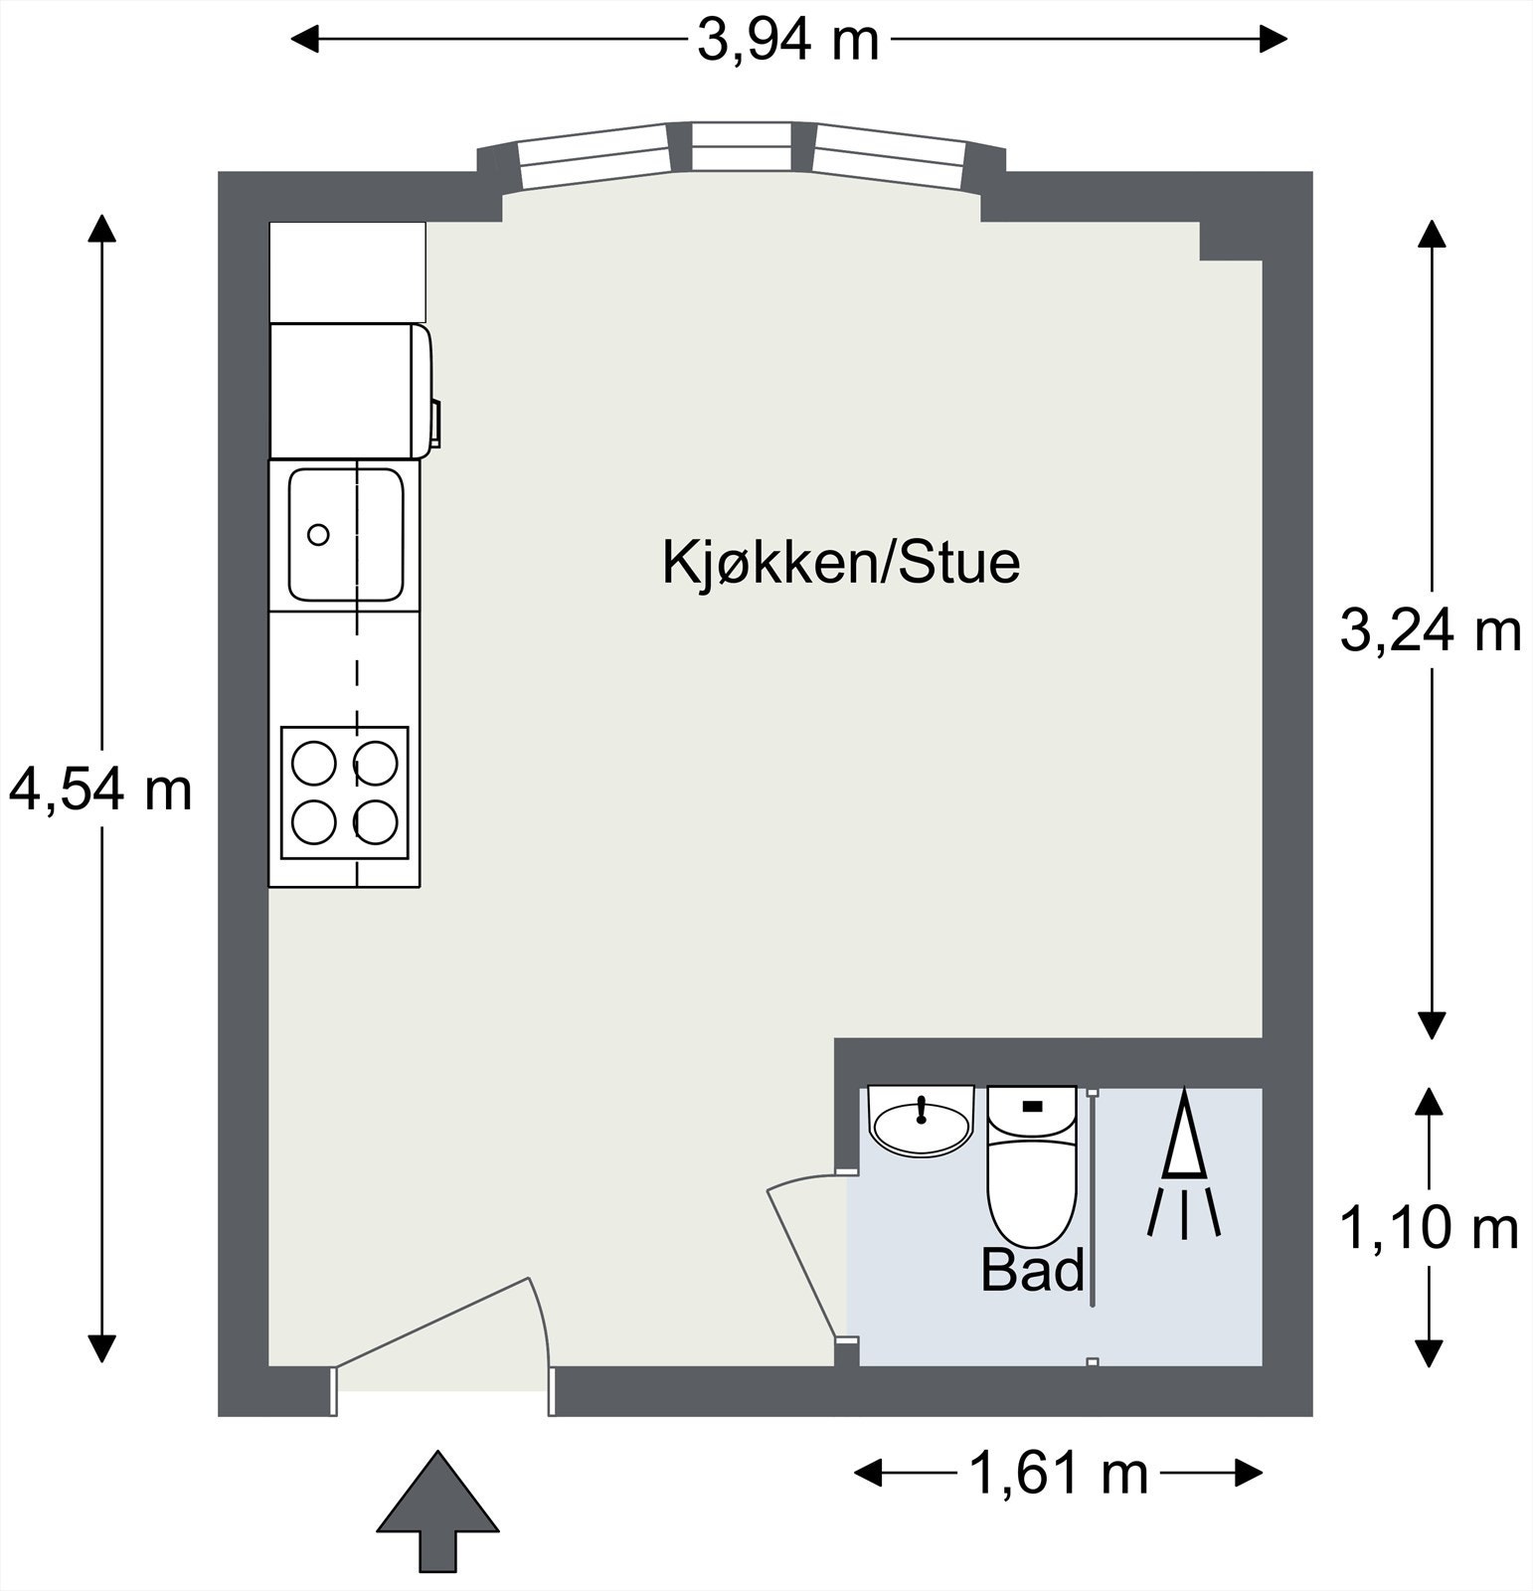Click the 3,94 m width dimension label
click(x=788, y=41)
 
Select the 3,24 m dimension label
click(x=1431, y=630)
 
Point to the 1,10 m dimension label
click(x=1430, y=1229)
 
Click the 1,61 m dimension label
click(x=1058, y=1473)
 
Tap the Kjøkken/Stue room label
click(x=841, y=563)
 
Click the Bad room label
click(x=1032, y=1271)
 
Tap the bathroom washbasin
click(x=921, y=1124)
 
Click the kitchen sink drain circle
click(x=318, y=535)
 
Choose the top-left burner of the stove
click(x=314, y=764)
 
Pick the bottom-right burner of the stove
click(x=376, y=821)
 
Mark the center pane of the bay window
click(x=742, y=147)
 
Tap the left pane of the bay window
click(x=594, y=157)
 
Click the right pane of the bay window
click(x=890, y=157)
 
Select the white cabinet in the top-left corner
click(x=348, y=271)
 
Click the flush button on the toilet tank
click(x=1032, y=1105)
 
